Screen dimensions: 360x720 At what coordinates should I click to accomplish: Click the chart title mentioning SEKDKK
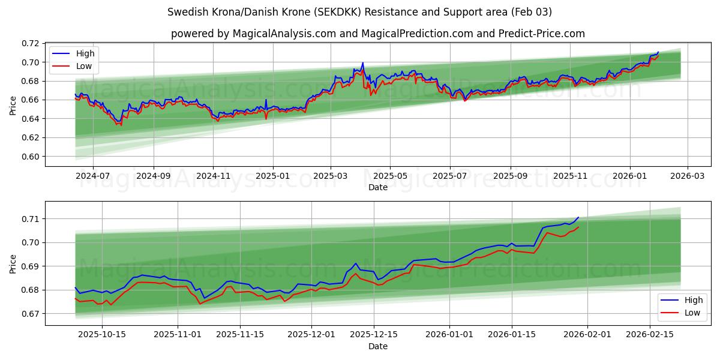(360, 12)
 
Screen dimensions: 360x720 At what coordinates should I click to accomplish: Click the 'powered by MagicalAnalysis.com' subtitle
(378, 34)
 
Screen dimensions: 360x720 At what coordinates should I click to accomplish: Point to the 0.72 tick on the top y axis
(31, 44)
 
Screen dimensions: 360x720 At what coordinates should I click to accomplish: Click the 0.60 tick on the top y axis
(31, 157)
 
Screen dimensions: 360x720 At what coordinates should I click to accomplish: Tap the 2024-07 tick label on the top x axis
(93, 176)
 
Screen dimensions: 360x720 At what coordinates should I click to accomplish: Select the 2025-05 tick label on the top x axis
(390, 176)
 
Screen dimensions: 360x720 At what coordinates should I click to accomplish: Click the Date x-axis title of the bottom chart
(378, 346)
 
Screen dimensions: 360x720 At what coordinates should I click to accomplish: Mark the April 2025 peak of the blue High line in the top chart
(362, 63)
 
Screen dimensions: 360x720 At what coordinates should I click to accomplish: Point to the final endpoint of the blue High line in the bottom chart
(578, 217)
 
